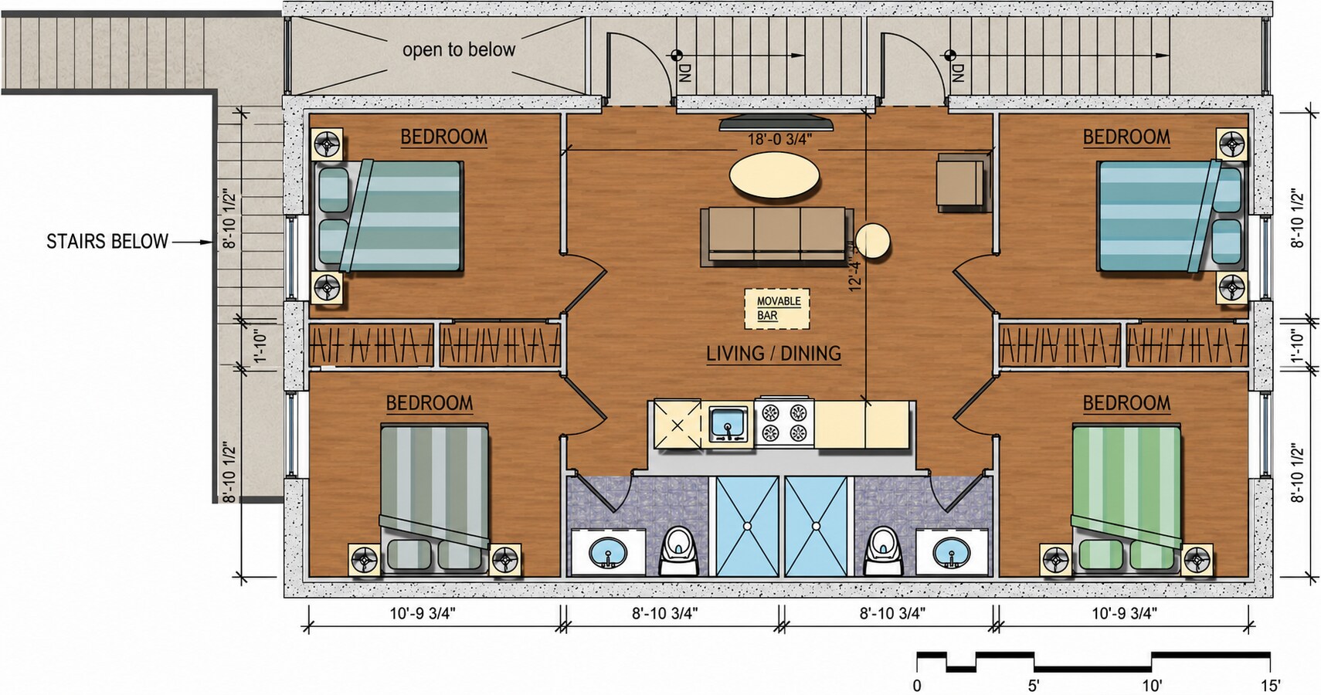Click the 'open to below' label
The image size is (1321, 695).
click(x=459, y=49)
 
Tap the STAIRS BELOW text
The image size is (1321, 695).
click(x=107, y=242)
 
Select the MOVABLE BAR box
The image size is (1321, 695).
click(x=776, y=309)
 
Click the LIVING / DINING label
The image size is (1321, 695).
click(x=774, y=353)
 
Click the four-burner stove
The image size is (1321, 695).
click(x=784, y=422)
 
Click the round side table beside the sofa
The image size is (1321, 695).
click(x=872, y=241)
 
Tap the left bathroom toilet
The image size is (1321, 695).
click(x=678, y=551)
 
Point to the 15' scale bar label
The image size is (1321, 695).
click(x=1271, y=686)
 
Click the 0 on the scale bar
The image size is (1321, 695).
click(x=916, y=686)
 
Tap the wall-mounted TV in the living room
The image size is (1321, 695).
click(x=776, y=124)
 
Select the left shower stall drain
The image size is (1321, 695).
click(x=747, y=526)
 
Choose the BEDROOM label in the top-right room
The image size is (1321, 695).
click(x=1126, y=137)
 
